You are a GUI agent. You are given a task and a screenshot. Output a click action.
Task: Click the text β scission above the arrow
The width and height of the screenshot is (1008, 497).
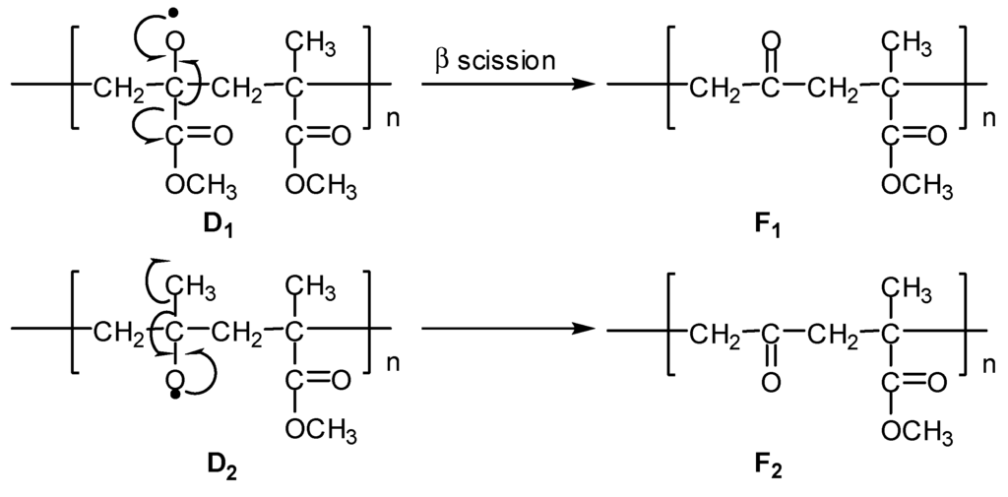pos(495,60)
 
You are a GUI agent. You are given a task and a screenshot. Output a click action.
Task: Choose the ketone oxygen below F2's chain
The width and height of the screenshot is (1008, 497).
pos(770,379)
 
